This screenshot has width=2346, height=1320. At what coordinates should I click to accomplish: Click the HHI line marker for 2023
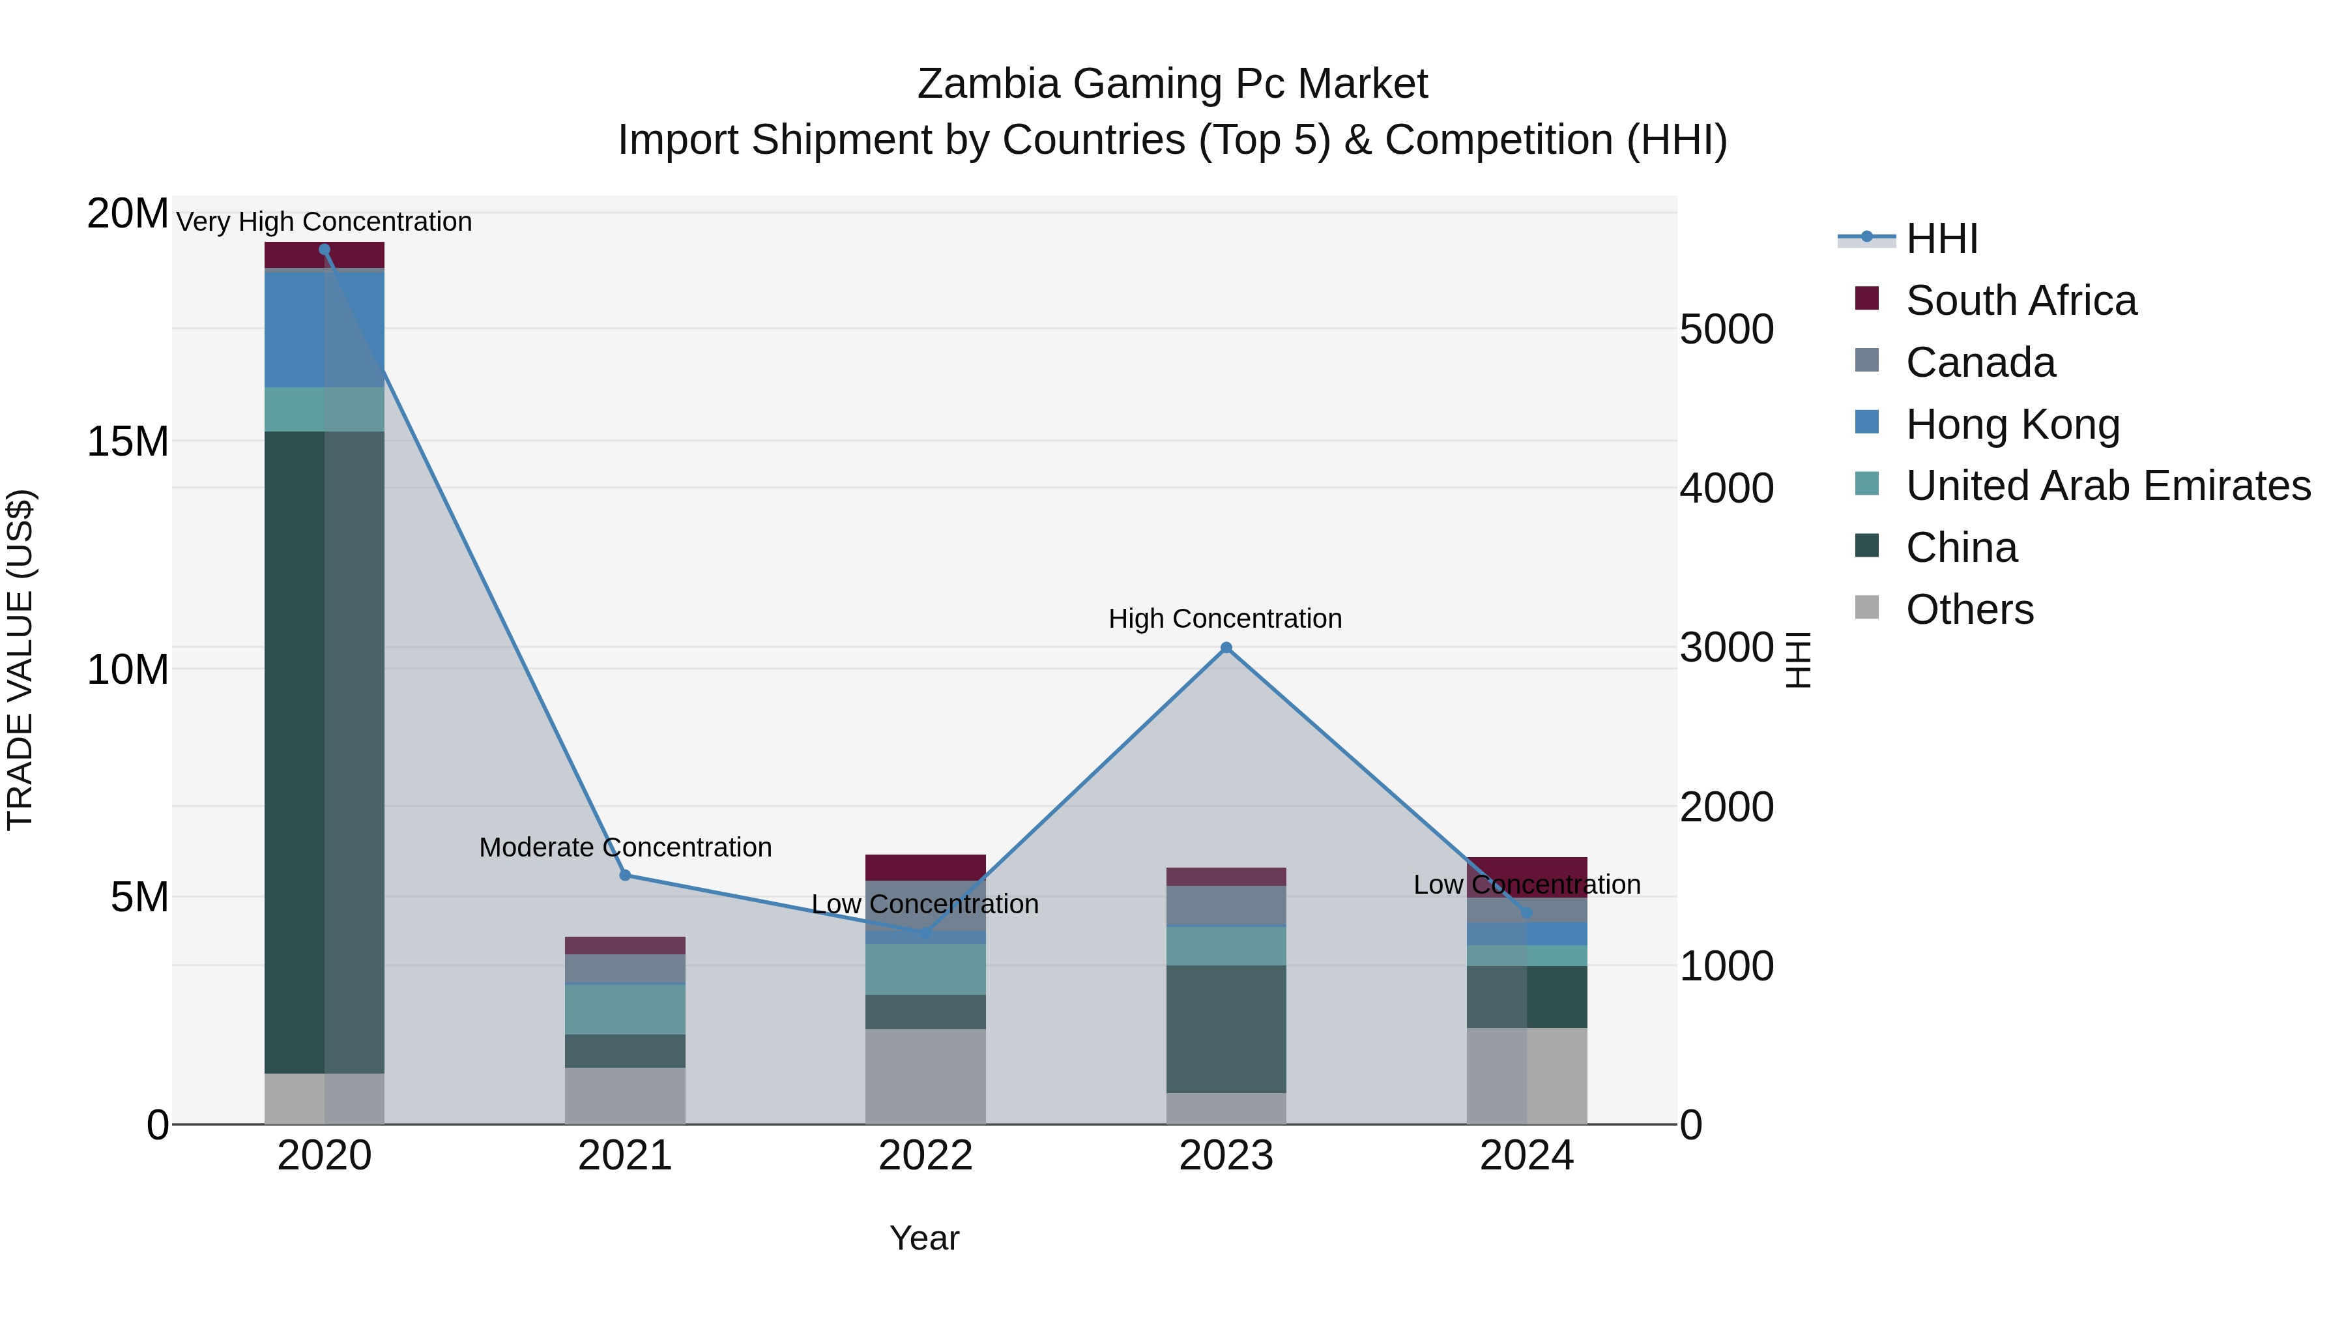(x=1226, y=648)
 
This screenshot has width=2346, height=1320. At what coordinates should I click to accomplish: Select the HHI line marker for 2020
(x=325, y=250)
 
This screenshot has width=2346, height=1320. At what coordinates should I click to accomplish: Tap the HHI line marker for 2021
(x=625, y=875)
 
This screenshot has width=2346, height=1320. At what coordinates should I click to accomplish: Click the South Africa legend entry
(x=2020, y=301)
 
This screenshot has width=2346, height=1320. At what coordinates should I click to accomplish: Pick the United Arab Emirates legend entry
(x=2107, y=486)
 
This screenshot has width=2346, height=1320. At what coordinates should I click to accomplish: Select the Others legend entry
(x=1969, y=609)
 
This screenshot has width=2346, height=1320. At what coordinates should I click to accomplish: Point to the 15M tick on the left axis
(x=128, y=442)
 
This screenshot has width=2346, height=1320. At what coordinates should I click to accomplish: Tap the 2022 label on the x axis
(x=925, y=1156)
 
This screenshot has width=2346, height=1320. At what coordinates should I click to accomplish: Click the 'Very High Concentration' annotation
(x=325, y=222)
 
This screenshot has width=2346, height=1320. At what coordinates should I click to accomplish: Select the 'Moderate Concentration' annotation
(x=625, y=847)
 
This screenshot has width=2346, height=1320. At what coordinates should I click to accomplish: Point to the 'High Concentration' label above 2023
(x=1225, y=619)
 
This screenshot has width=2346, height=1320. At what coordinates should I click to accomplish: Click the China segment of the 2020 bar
(x=325, y=752)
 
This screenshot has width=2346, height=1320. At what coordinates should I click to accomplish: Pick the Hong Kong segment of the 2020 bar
(x=325, y=329)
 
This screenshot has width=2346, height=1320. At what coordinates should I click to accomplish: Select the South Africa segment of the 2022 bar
(x=925, y=866)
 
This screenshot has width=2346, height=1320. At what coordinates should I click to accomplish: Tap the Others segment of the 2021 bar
(x=625, y=1096)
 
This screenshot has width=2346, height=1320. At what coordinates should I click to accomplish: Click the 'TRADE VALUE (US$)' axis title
(x=20, y=660)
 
